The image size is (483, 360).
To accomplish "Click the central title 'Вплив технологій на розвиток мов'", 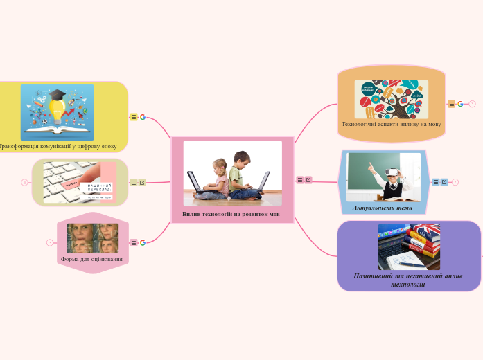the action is pos(231,214).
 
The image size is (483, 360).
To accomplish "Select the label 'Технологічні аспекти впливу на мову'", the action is pos(392,125).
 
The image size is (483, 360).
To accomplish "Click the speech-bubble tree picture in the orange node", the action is pos(391,99).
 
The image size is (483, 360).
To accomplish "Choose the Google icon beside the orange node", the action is pos(460,104).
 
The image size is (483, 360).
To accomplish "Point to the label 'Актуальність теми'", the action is pos(383,208).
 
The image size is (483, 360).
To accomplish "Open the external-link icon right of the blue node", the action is pos(444,182).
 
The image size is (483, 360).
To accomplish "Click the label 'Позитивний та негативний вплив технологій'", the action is pos(408,280).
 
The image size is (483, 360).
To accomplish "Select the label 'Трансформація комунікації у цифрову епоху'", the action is pos(58,146).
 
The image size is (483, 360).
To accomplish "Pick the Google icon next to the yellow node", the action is pos(143,117).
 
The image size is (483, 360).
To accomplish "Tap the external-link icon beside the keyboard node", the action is pos(143,183).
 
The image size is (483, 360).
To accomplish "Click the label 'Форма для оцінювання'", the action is pos(92,259).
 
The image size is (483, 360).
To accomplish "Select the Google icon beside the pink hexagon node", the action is pos(143,242).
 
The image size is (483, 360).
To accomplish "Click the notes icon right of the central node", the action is pos(300,180).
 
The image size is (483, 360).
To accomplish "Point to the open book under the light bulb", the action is pos(59,129).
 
